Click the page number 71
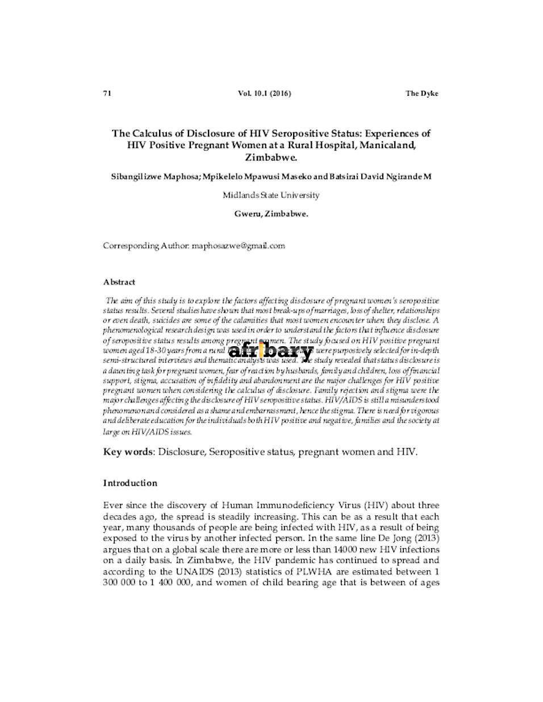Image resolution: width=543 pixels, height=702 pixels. (x=106, y=94)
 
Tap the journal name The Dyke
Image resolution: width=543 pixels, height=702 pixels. (x=421, y=94)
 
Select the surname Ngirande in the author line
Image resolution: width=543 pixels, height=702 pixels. (x=401, y=176)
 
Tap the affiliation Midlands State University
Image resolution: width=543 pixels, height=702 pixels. (x=271, y=195)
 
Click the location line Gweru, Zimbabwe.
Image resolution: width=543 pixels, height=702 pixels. (x=271, y=214)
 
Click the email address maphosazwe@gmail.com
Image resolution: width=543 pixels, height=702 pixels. (x=238, y=246)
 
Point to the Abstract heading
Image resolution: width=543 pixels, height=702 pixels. (x=119, y=282)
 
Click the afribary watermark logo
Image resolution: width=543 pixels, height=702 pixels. (x=271, y=352)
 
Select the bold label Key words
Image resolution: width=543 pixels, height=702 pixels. (x=128, y=452)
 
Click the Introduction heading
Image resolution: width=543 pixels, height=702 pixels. (x=130, y=483)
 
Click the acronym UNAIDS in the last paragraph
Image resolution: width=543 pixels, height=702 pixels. (x=183, y=571)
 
